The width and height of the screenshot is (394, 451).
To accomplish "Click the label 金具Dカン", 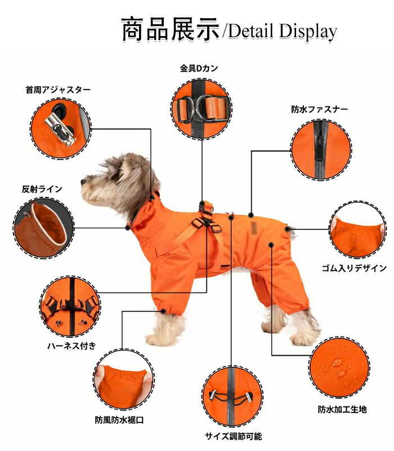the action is click(x=199, y=68).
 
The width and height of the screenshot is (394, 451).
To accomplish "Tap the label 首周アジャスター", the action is click(x=58, y=90).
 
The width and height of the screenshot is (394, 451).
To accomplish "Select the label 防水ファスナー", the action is click(x=319, y=109).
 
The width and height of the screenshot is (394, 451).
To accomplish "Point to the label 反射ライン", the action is click(x=42, y=189).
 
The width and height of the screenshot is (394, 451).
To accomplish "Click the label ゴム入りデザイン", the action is click(x=354, y=268).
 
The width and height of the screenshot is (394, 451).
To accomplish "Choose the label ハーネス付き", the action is click(x=71, y=346).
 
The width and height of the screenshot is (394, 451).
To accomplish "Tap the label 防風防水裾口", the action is click(x=119, y=420).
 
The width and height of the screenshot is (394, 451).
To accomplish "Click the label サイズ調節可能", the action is click(x=234, y=436).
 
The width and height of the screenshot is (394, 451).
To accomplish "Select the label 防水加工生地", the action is click(x=342, y=409).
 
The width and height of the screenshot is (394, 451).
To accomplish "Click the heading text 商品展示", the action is click(x=171, y=30).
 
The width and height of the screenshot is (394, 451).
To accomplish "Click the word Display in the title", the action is click(x=308, y=31).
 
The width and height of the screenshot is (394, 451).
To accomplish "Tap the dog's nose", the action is click(x=83, y=182).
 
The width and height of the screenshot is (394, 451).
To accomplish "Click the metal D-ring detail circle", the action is click(x=202, y=108).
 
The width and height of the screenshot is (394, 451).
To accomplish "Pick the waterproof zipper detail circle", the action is click(x=321, y=150).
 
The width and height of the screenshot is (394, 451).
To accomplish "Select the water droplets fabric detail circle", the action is click(x=339, y=368).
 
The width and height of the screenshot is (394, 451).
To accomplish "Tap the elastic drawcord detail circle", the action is click(x=232, y=396).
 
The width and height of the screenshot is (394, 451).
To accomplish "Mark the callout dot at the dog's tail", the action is click(x=287, y=229).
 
